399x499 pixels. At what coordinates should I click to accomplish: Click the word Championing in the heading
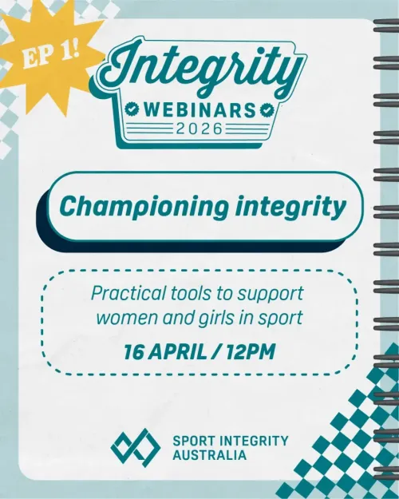[132, 208]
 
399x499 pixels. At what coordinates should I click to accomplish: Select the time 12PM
[249, 349]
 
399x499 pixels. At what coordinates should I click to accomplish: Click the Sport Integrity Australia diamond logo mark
[135, 447]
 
